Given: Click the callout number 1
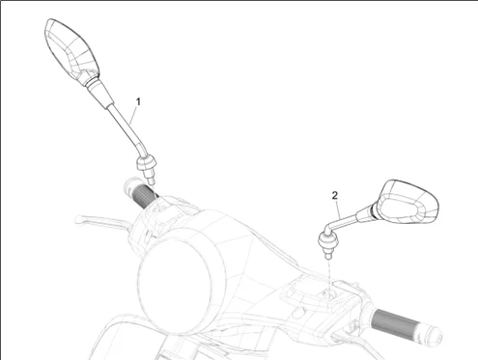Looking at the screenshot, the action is (x=138, y=101).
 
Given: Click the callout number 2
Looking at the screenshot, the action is (x=335, y=195).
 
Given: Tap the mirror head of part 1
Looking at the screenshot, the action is (x=70, y=50).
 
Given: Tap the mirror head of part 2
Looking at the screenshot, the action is (x=408, y=202).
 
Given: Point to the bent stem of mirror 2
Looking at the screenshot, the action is (x=340, y=222).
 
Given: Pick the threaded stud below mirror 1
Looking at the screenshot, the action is (x=149, y=177).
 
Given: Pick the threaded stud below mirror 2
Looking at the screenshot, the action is (x=328, y=253).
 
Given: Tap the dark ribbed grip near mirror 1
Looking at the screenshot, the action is (x=145, y=196).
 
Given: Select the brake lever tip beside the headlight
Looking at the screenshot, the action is (x=78, y=220).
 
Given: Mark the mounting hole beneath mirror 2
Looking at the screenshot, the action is (x=329, y=293).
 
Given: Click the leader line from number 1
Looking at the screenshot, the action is (x=133, y=115).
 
